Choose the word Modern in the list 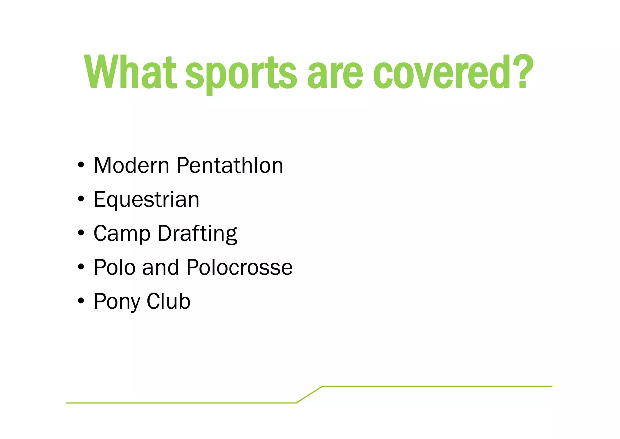(131, 166)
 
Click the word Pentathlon (230, 166)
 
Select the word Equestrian (147, 200)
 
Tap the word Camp (122, 234)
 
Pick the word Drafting (197, 234)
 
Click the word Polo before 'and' (114, 267)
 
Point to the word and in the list (160, 267)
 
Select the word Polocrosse (239, 267)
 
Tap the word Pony (117, 302)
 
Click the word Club (168, 301)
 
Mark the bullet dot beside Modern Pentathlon (81, 165)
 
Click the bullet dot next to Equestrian (81, 199)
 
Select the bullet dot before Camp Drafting (81, 233)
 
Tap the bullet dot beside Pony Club (81, 301)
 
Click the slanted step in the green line (309, 394)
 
